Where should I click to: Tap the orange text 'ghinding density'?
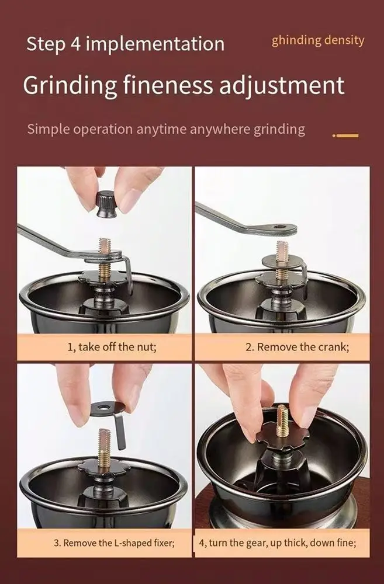click(x=317, y=40)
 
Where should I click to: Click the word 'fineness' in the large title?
click(x=168, y=85)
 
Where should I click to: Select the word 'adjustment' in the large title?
click(x=282, y=86)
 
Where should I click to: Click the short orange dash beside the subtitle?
click(x=345, y=135)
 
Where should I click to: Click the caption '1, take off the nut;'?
click(x=112, y=347)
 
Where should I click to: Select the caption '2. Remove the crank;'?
click(x=297, y=347)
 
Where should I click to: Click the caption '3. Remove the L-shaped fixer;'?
click(x=114, y=543)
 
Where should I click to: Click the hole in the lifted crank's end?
click(x=279, y=227)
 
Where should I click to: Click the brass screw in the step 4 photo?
click(x=282, y=421)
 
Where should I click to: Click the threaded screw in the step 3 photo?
click(x=105, y=446)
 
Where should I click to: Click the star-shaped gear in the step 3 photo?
click(x=105, y=467)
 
